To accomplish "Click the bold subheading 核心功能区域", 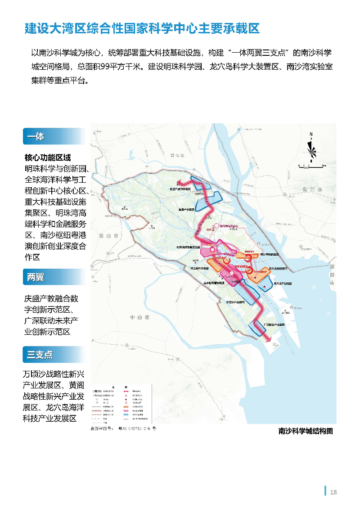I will click(x=48, y=158).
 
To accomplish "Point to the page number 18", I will click(x=333, y=492).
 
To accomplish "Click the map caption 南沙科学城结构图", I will click(x=306, y=431).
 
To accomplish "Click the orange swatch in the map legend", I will click(x=125, y=407).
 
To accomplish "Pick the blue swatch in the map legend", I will click(x=125, y=415).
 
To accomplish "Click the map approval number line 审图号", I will click(x=123, y=429).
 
